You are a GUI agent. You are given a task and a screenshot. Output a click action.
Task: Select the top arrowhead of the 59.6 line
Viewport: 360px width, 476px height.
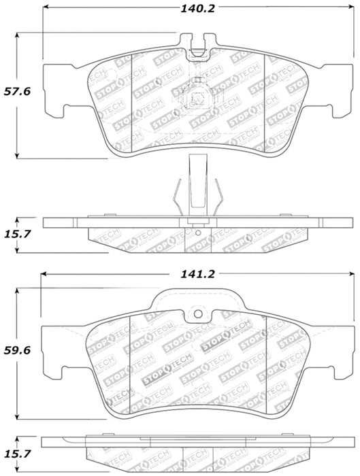(18, 292)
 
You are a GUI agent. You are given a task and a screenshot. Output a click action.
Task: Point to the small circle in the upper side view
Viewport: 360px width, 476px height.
(198, 237)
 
